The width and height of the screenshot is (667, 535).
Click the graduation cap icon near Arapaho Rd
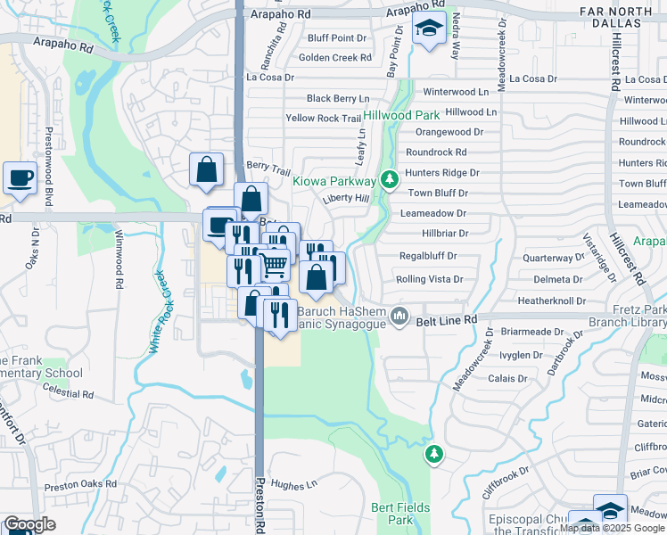coord(429,29)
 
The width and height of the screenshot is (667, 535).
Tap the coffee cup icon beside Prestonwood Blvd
coord(20,177)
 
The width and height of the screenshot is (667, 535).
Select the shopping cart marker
coord(275,262)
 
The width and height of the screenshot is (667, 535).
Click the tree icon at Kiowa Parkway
coord(389,180)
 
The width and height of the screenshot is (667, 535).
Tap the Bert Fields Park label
coord(400,514)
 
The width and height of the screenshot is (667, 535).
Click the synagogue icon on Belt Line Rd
coord(400,317)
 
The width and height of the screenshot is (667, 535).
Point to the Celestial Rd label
coord(68,393)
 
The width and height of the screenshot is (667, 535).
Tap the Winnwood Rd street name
coord(118,259)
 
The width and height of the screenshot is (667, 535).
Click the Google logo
coord(30,524)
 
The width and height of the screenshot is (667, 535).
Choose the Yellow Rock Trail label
coord(323,118)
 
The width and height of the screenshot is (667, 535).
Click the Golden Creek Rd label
coord(334,57)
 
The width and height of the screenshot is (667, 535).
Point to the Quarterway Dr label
coord(553,258)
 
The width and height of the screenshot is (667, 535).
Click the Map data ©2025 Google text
coord(611,528)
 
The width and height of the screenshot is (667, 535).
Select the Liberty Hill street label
coord(346,198)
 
